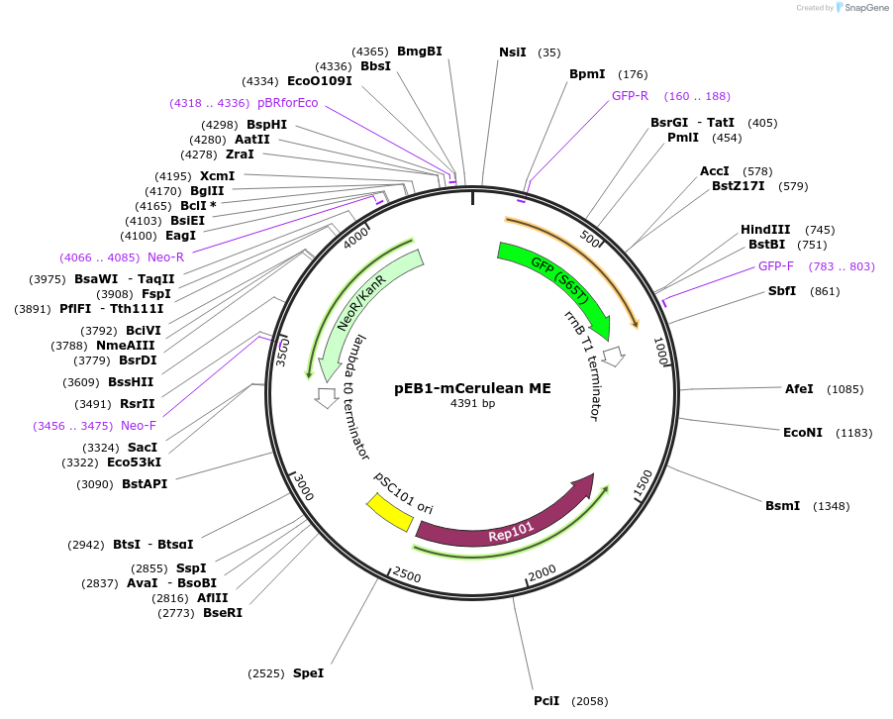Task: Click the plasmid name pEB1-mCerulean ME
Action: [x=472, y=388]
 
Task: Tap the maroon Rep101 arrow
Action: [x=510, y=525]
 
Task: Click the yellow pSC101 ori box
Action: [x=389, y=510]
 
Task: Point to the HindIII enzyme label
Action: [x=765, y=230]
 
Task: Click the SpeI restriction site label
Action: [x=308, y=673]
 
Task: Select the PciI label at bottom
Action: [x=546, y=701]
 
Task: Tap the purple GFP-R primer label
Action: [x=630, y=96]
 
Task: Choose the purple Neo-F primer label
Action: [x=139, y=426]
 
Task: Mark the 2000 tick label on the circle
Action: [x=542, y=575]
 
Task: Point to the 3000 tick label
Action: [x=303, y=489]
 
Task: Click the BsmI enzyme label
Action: [x=782, y=506]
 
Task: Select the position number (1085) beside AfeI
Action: [x=845, y=389]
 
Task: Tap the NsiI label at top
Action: [x=513, y=52]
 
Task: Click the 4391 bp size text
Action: [x=472, y=404]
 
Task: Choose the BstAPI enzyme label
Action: [x=145, y=484]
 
